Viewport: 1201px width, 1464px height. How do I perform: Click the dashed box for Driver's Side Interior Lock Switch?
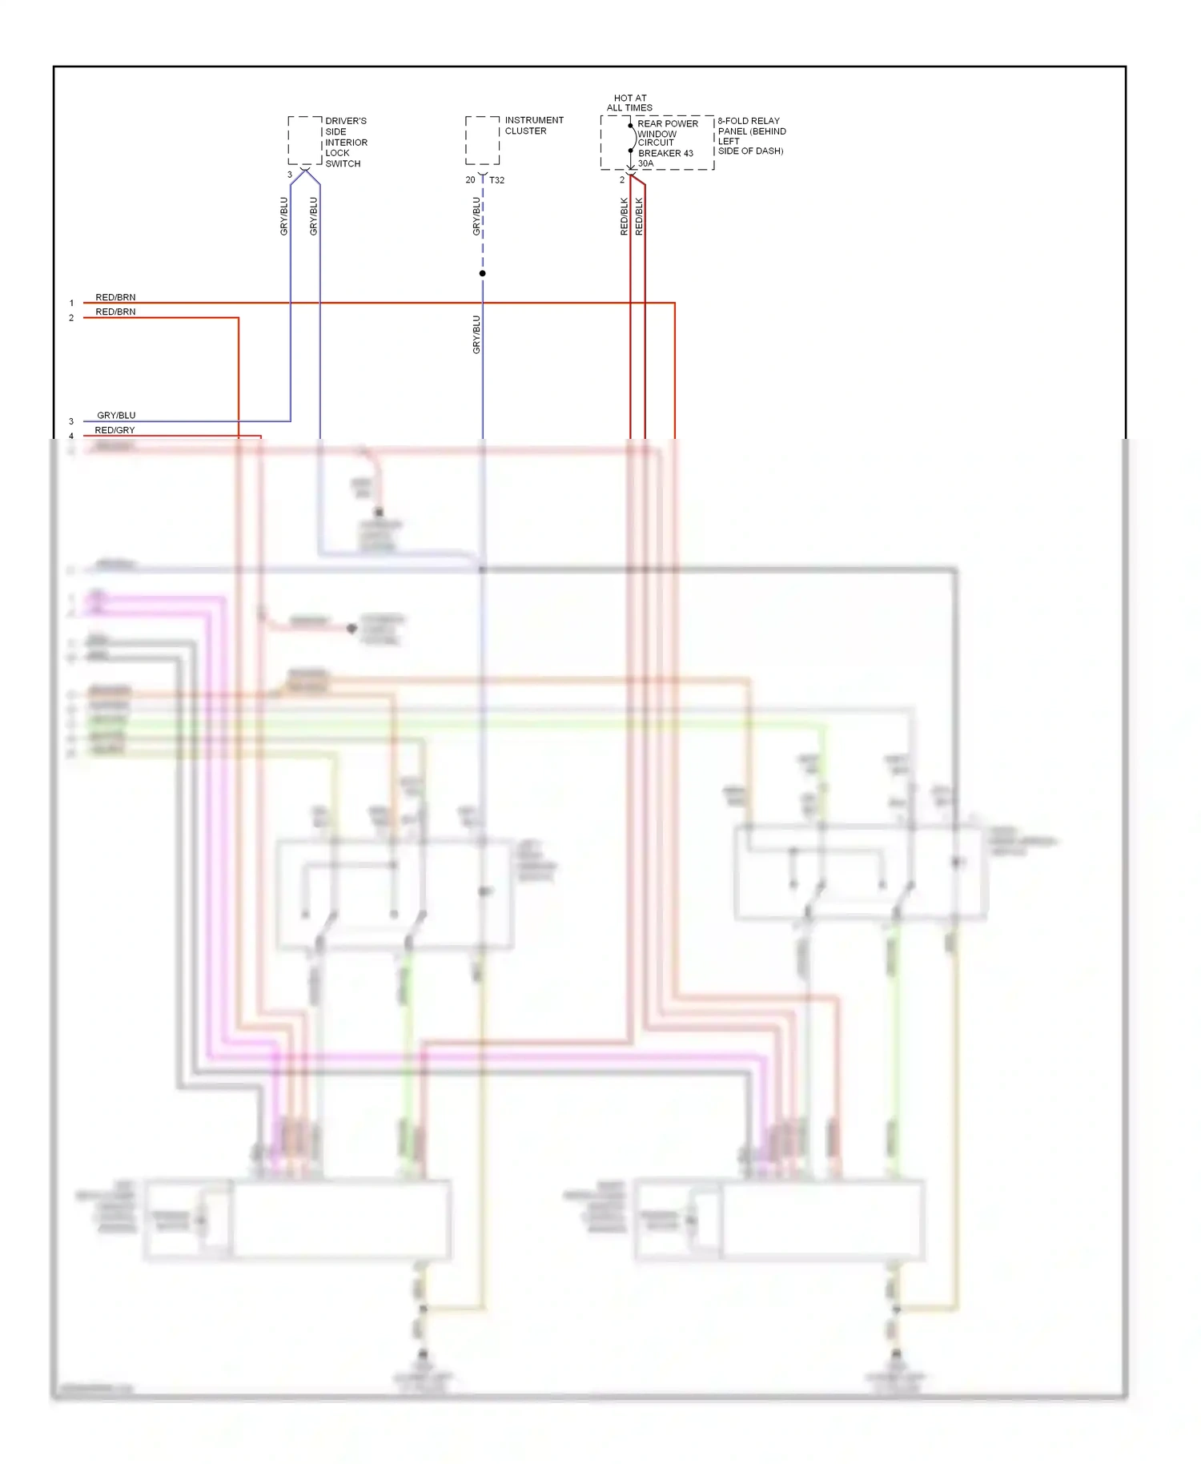point(305,141)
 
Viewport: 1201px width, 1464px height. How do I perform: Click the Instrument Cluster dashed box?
point(482,140)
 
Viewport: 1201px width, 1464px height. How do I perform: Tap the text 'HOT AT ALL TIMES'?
point(629,103)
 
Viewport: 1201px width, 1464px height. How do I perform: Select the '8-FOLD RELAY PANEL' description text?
point(751,135)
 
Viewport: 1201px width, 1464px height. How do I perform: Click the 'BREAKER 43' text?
point(665,153)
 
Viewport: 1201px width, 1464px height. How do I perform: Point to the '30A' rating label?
point(645,163)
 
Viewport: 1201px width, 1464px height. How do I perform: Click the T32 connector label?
point(496,180)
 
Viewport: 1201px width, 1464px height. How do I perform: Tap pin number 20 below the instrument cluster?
point(470,180)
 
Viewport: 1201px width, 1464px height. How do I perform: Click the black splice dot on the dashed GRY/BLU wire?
point(482,274)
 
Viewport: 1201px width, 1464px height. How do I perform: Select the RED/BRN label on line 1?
point(115,297)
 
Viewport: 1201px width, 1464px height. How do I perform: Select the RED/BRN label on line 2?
point(115,312)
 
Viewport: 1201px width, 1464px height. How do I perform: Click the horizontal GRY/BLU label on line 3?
point(116,415)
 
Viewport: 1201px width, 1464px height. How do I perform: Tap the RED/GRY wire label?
point(114,430)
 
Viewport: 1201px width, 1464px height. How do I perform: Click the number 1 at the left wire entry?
point(71,304)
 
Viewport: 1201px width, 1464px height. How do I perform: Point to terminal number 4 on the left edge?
point(71,436)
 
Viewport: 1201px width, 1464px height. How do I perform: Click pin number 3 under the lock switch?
point(290,175)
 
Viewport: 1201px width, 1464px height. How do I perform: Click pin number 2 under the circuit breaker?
point(621,180)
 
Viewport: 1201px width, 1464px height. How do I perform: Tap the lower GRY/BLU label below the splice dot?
point(476,335)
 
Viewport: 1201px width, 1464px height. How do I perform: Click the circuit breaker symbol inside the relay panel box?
point(632,138)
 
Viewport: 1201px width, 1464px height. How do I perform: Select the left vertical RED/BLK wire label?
point(624,216)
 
